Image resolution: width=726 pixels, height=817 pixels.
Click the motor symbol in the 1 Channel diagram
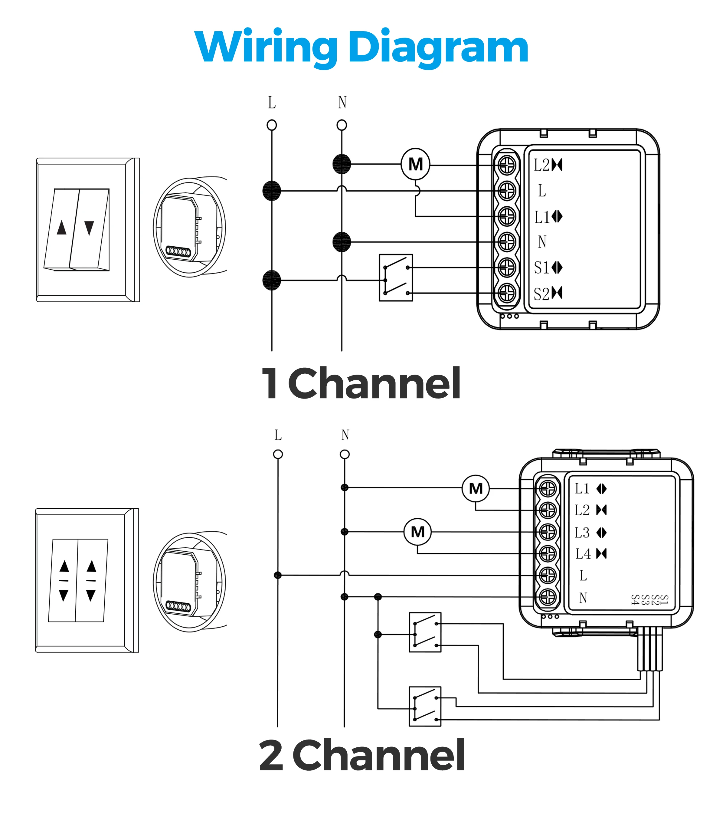coord(416,164)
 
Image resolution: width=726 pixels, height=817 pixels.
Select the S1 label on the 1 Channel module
coord(541,268)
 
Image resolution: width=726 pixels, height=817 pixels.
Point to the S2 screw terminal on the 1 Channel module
coord(507,293)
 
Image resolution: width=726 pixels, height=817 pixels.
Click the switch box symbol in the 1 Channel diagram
coord(396,277)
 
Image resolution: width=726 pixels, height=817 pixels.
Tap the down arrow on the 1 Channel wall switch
coord(89,228)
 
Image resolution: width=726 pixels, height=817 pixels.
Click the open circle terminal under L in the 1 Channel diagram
coord(272,125)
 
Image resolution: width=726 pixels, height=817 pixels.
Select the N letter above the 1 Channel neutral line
coord(342,102)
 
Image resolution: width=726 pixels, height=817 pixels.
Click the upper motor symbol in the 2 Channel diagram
coord(476,488)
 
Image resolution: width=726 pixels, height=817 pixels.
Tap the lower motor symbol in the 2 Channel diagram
coord(417,532)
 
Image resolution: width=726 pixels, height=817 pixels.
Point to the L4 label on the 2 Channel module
coord(583,554)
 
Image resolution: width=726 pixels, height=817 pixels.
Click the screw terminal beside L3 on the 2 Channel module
coord(548,532)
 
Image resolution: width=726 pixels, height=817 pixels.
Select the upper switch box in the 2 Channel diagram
coord(425,632)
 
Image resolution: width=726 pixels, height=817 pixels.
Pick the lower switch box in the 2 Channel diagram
coord(425,706)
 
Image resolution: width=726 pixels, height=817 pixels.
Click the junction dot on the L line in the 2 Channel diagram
coord(278,575)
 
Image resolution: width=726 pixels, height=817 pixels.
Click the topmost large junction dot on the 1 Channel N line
coord(342,164)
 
